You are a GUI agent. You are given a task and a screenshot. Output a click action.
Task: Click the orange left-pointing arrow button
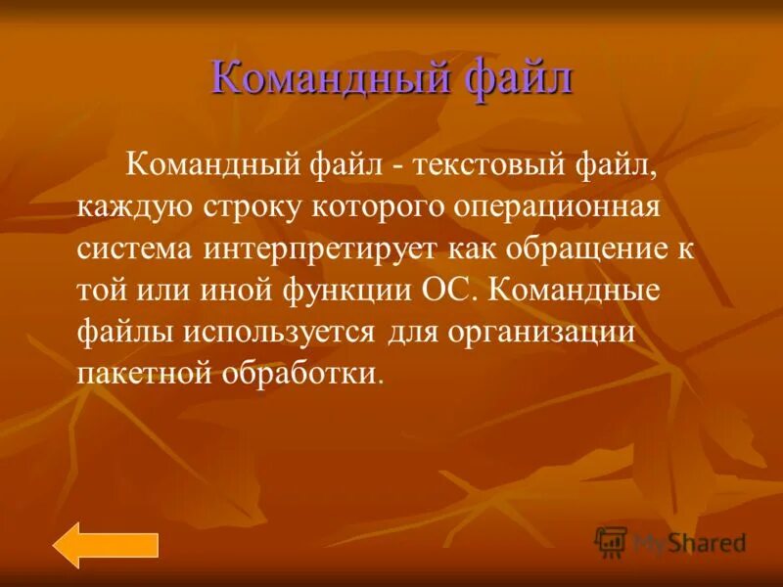105,545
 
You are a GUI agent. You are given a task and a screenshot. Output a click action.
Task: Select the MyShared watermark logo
670,541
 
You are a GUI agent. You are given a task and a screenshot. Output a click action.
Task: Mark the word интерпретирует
323,248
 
